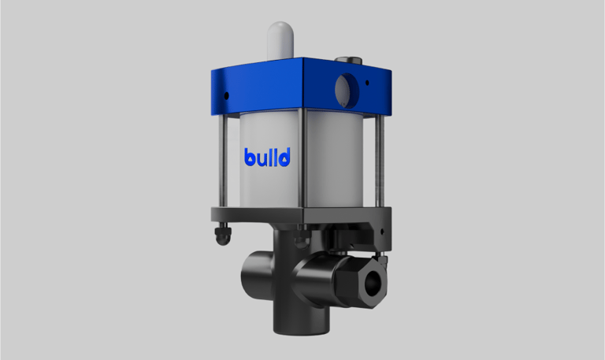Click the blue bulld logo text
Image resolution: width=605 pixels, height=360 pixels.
point(267,157)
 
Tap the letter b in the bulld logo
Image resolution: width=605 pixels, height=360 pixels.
point(250,157)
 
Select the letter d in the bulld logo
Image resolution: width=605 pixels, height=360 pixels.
point(284,157)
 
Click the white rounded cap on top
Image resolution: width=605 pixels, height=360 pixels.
point(280,40)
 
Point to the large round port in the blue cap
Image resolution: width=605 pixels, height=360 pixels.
point(347,91)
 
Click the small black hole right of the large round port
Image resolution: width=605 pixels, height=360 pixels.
point(367,83)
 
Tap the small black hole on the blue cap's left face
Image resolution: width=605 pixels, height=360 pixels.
point(227,95)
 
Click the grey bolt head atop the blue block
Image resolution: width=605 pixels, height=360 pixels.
point(348,60)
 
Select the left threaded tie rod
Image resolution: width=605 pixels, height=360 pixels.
point(223,161)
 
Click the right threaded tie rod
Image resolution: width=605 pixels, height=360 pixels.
point(380,161)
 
